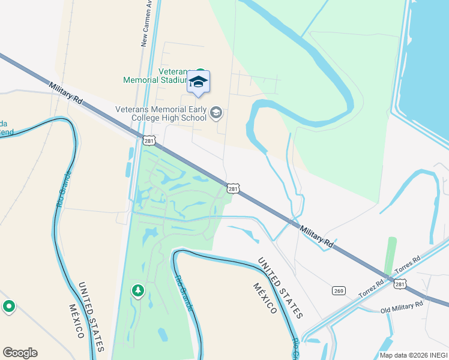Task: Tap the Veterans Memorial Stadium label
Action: click(157, 75)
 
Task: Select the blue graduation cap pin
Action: click(199, 82)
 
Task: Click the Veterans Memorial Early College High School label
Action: click(160, 113)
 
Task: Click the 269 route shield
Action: click(339, 290)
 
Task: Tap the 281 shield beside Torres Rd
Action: click(400, 283)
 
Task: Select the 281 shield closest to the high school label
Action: click(149, 140)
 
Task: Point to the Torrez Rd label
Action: click(372, 289)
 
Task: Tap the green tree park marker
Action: click(138, 291)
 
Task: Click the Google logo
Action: click(20, 353)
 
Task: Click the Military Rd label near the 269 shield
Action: click(316, 236)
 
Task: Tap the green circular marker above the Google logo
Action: click(8, 307)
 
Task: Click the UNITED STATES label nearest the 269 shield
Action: click(280, 287)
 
